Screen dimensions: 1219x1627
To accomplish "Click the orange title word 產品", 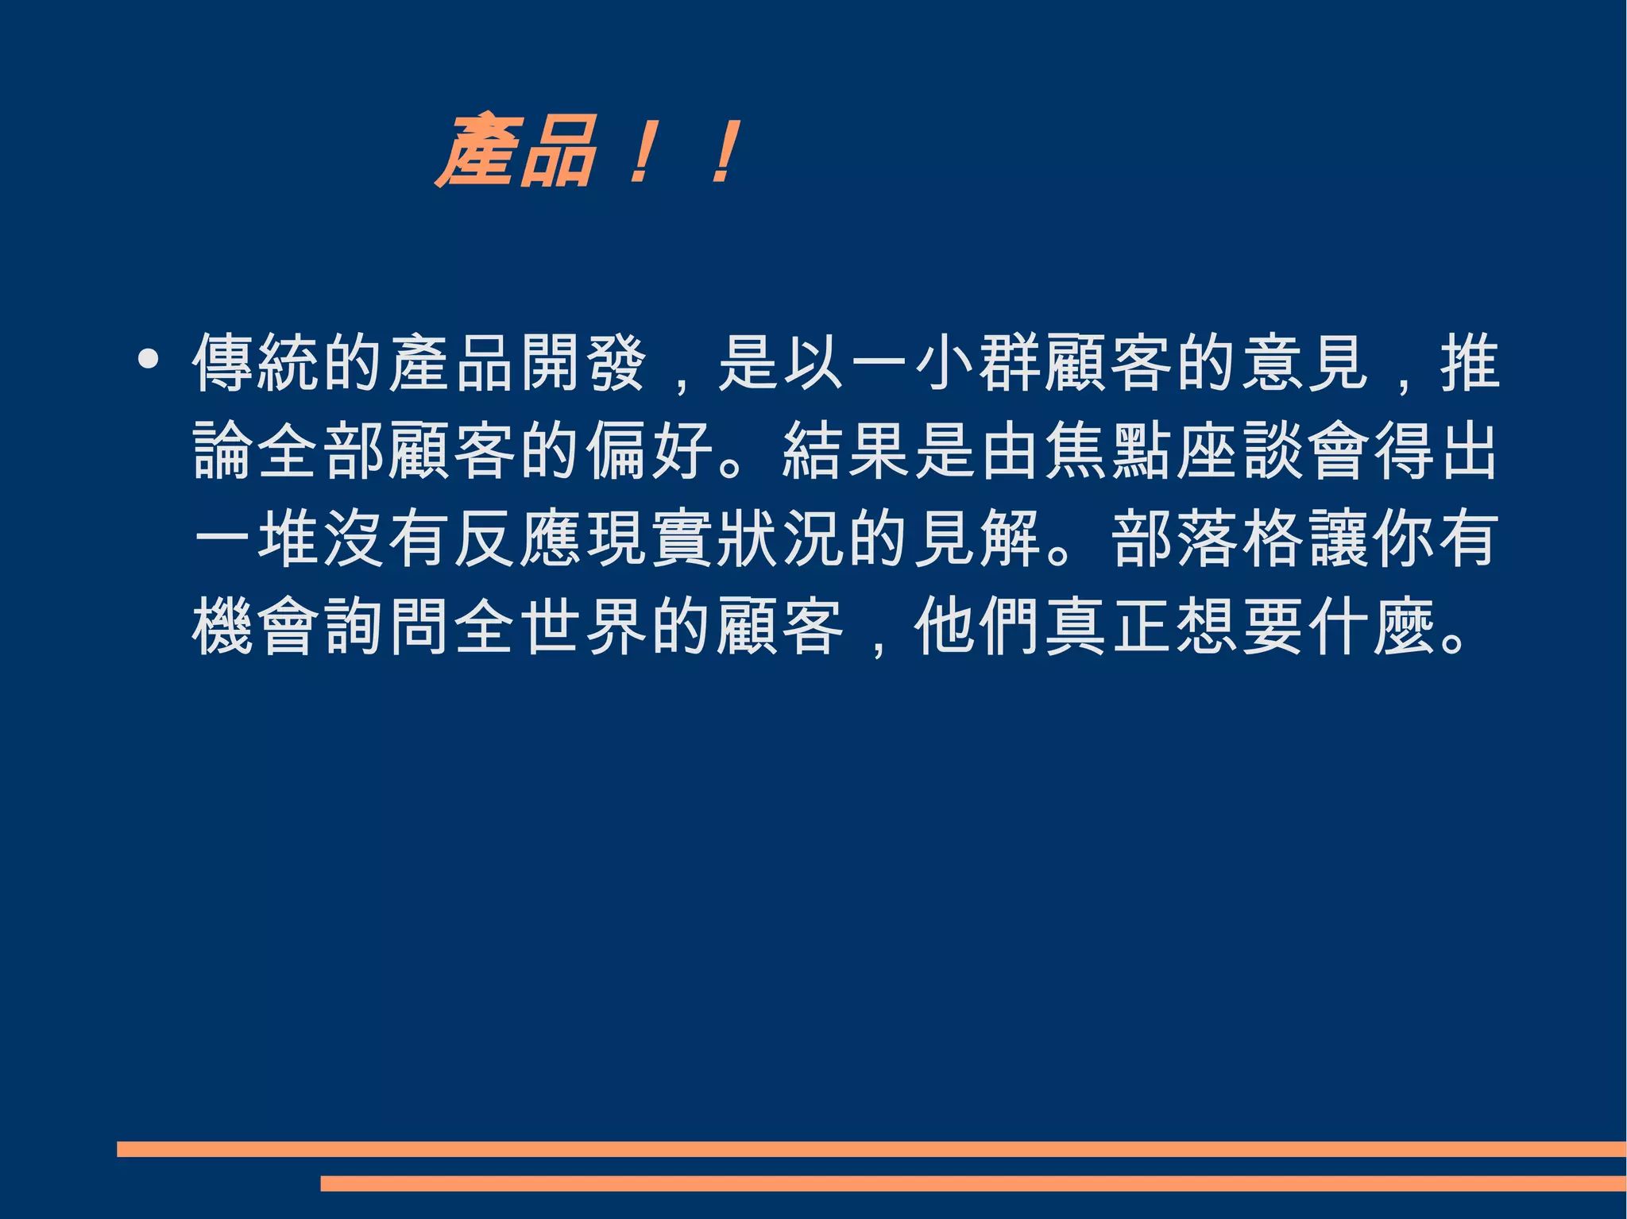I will coord(516,152).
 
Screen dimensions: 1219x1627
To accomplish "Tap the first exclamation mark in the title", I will coord(642,152).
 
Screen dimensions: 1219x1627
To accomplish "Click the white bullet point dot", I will coord(148,359).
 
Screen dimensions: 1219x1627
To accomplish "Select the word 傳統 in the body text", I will coord(257,363).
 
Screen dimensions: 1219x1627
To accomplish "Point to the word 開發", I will coord(584,363).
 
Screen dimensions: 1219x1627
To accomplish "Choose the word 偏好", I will coord(649,451).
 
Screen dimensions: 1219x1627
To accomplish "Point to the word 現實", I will coord(649,539).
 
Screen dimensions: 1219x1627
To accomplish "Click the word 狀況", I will coord(780,539).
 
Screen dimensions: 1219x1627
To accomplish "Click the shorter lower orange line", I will coord(973,1184).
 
